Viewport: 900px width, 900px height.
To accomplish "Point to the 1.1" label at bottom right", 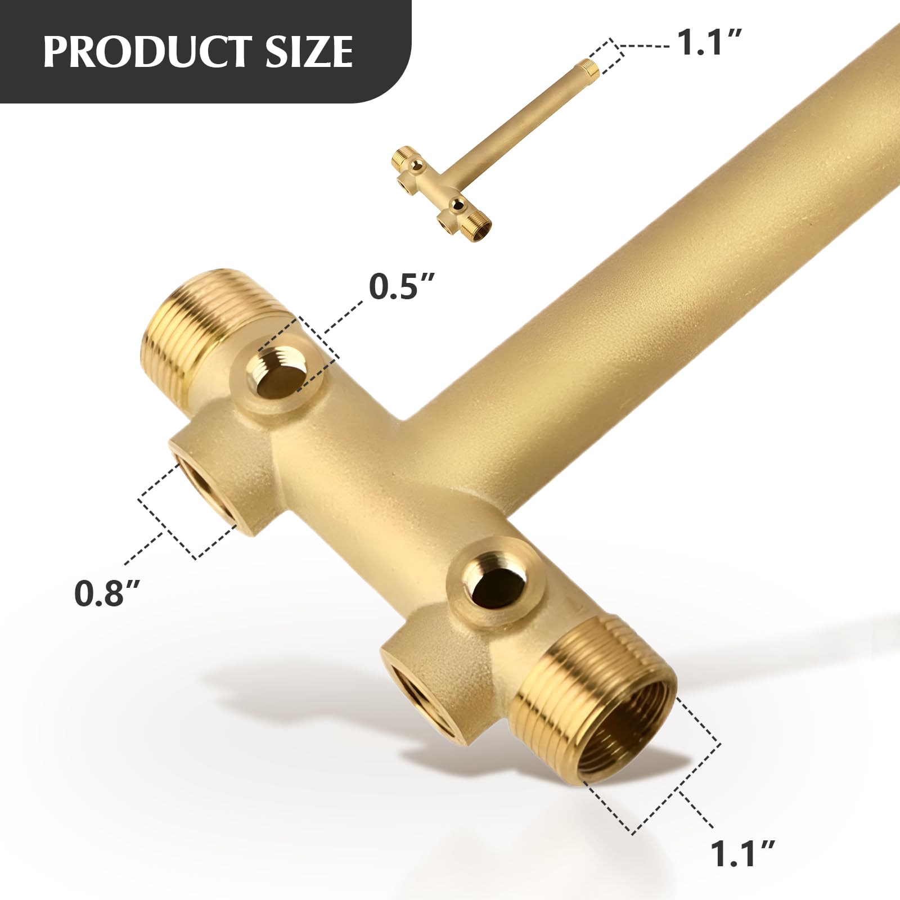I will (x=742, y=853).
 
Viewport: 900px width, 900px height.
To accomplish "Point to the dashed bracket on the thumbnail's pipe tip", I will (x=613, y=53).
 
